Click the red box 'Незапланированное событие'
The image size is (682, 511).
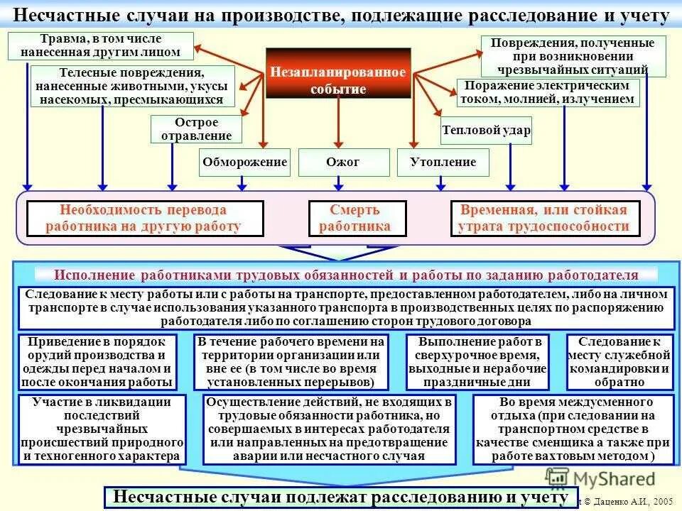pyautogui.click(x=338, y=72)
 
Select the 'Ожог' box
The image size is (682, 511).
pyautogui.click(x=343, y=163)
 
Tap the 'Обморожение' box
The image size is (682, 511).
pyautogui.click(x=244, y=163)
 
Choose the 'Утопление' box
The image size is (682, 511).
pyautogui.click(x=443, y=163)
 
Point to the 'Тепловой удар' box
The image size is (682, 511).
pyautogui.click(x=486, y=131)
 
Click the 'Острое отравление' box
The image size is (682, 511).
pyautogui.click(x=196, y=130)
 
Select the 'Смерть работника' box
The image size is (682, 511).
pyautogui.click(x=357, y=219)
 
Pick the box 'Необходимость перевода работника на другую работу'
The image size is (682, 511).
pyautogui.click(x=145, y=219)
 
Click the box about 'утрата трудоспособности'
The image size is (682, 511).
pyautogui.click(x=545, y=219)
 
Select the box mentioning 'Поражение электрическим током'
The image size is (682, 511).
pyautogui.click(x=547, y=92)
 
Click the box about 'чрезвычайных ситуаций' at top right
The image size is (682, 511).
pyautogui.click(x=573, y=57)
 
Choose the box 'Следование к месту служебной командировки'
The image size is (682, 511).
pyautogui.click(x=619, y=362)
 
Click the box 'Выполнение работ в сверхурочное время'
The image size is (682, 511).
pyautogui.click(x=477, y=362)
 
